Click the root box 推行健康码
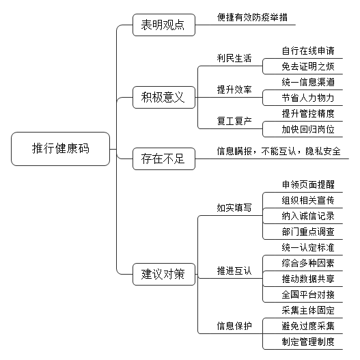point(60,149)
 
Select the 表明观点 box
point(164,25)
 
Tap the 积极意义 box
point(164,98)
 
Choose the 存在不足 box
point(164,159)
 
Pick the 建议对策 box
point(164,275)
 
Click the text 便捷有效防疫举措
point(252,18)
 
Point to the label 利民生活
point(234,58)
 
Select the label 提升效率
point(234,89)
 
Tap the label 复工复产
point(234,121)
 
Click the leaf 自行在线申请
point(308,51)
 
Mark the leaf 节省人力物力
point(308,98)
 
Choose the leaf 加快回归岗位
point(308,130)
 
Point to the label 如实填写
point(234,208)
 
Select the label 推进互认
point(234,271)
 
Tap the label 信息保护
point(234,326)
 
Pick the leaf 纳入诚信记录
point(308,216)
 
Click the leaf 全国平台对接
point(308,294)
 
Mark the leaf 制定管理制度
point(308,342)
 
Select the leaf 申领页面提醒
point(308,184)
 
